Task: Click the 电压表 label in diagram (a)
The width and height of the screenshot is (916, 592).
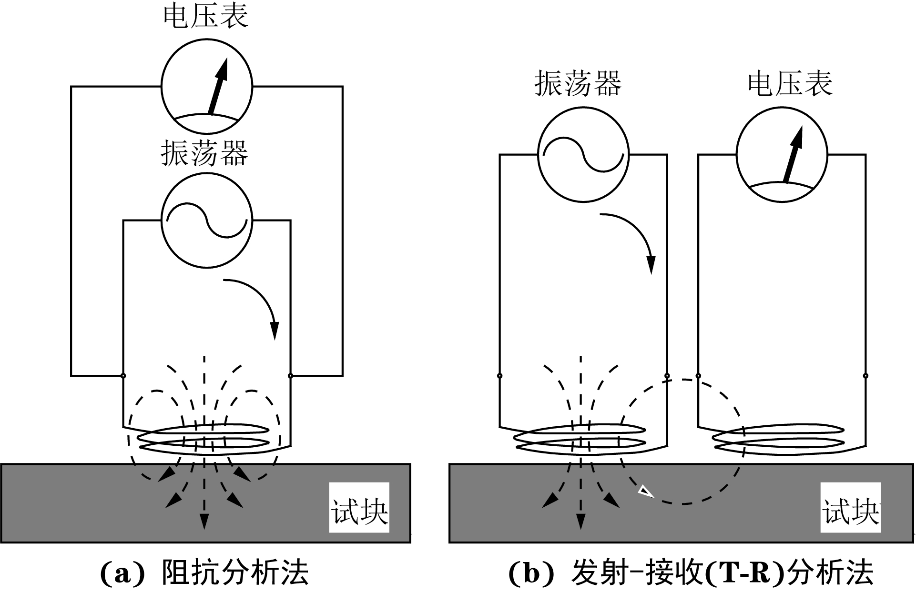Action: point(205,16)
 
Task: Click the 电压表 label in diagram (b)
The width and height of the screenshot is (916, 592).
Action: point(790,84)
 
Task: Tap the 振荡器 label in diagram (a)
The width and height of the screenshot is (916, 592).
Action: point(204,153)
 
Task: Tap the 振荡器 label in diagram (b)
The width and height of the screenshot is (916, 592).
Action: point(578,84)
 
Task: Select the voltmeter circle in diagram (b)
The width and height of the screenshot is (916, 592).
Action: point(782,155)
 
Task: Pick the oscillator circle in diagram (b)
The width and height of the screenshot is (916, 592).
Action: point(583,155)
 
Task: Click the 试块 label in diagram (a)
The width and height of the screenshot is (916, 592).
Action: point(359,508)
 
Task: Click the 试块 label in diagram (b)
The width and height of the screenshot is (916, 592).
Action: point(850,508)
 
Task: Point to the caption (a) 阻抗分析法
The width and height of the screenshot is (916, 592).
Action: point(205,573)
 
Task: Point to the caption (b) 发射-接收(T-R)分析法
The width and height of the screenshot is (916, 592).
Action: point(691,573)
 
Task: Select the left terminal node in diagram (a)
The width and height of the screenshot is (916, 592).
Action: point(123,376)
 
